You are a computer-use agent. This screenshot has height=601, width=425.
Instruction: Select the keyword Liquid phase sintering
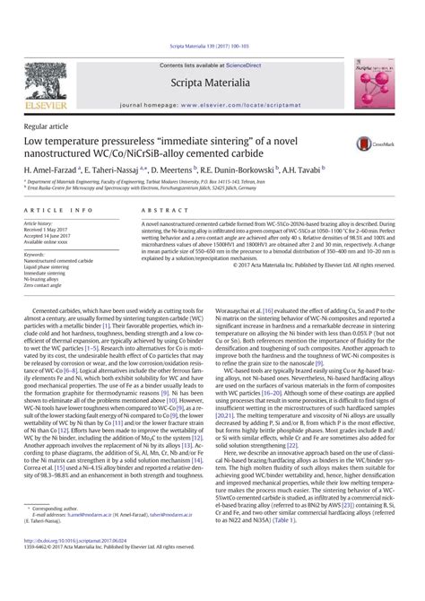point(50,268)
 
